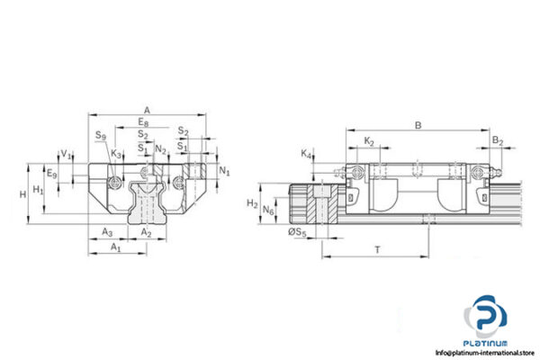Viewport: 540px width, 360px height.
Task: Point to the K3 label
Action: click(x=116, y=154)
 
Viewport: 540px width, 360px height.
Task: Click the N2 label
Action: click(x=160, y=149)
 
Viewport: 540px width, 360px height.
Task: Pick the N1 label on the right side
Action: click(x=225, y=171)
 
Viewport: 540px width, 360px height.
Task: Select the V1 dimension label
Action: click(x=65, y=154)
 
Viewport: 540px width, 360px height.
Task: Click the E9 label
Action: click(x=51, y=174)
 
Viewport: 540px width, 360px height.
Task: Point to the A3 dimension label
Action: click(x=107, y=231)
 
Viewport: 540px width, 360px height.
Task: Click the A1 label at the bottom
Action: click(x=114, y=247)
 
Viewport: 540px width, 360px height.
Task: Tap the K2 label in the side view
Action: click(x=369, y=141)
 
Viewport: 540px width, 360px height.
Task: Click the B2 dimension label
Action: click(x=497, y=141)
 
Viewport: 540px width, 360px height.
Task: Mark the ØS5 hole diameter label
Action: click(x=296, y=233)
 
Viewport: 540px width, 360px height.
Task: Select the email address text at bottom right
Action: click(x=485, y=352)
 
